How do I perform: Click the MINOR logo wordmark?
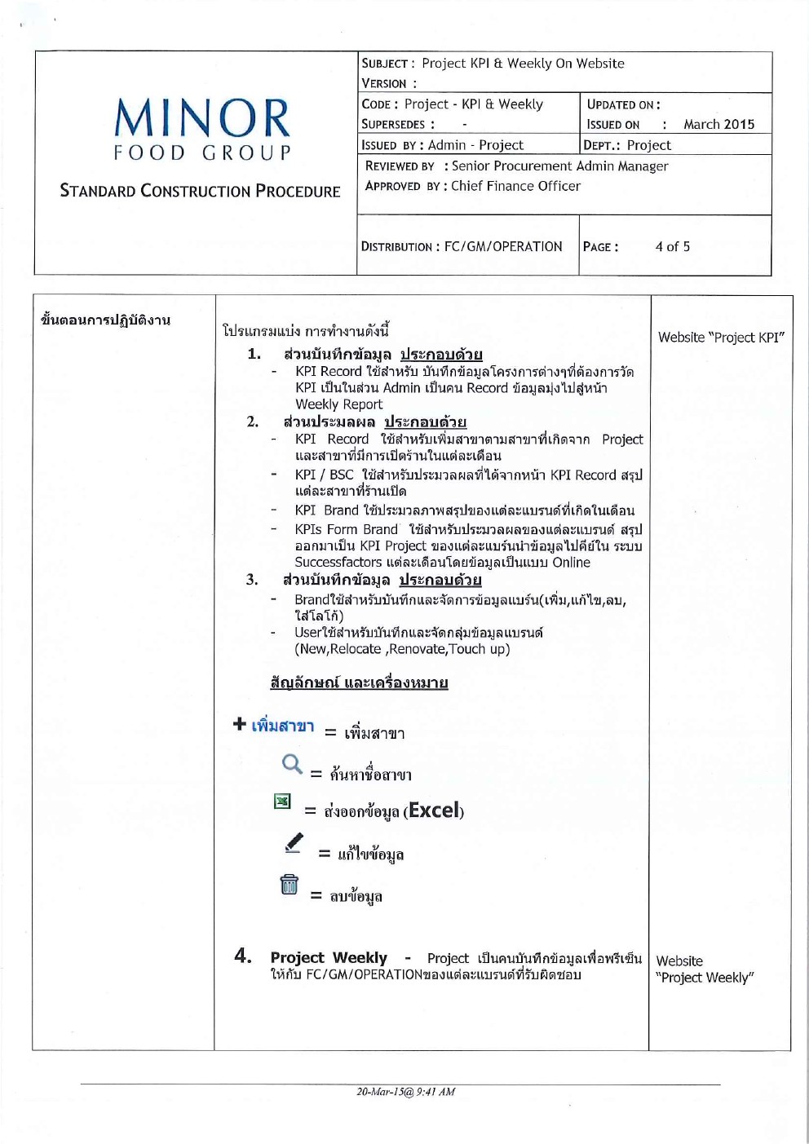[202, 118]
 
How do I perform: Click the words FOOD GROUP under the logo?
[202, 152]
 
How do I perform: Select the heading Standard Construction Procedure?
[200, 192]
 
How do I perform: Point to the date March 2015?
[718, 125]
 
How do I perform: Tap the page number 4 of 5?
[672, 246]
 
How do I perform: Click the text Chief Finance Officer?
[515, 186]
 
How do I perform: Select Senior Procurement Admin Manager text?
[559, 166]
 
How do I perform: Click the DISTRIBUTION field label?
[397, 247]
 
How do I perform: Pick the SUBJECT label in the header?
[385, 64]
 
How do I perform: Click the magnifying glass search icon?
[291, 764]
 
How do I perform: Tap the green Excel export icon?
[282, 802]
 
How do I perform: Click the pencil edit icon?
[294, 842]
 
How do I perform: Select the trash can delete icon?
[289, 884]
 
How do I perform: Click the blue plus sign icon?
[239, 723]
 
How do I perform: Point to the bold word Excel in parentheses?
[433, 811]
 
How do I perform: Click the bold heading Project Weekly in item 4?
[329, 957]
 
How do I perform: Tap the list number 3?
[252, 580]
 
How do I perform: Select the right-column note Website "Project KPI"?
[721, 338]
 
